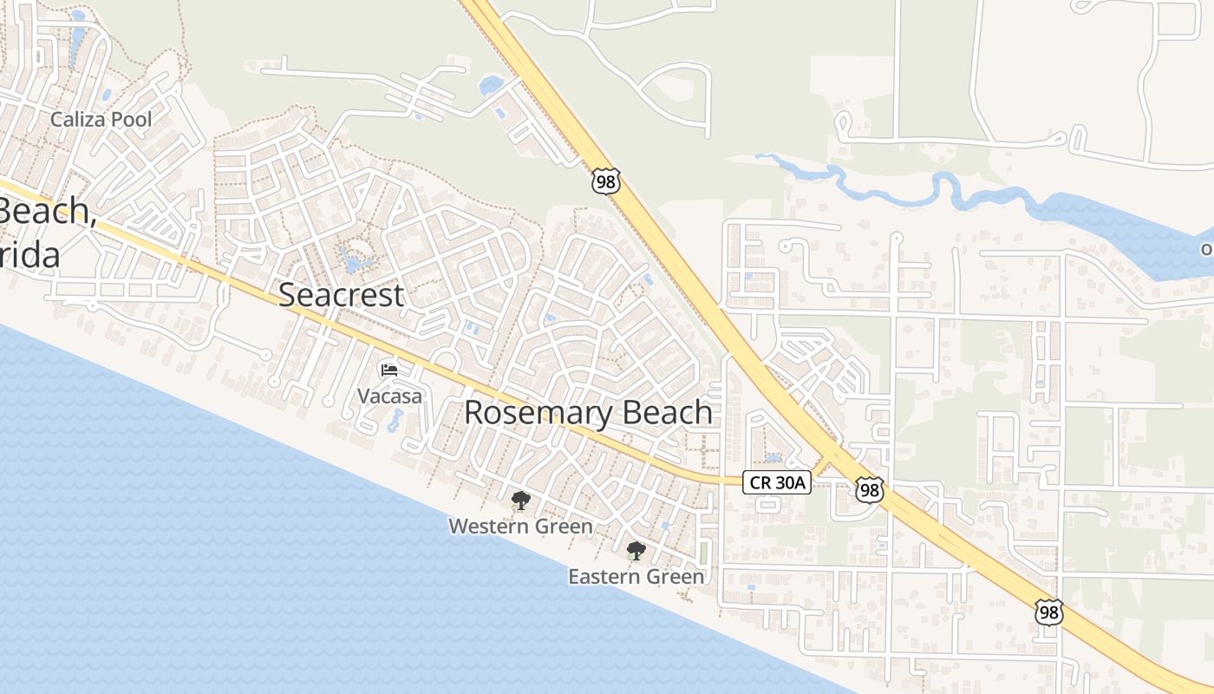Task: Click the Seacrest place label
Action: click(x=341, y=295)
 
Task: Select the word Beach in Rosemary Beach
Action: click(x=670, y=412)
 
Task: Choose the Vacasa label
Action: click(x=390, y=396)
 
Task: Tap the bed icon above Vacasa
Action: click(x=389, y=370)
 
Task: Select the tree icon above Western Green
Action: click(x=520, y=500)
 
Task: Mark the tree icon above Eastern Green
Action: click(x=636, y=550)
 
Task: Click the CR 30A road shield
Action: click(x=776, y=482)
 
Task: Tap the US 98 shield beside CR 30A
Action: click(x=869, y=490)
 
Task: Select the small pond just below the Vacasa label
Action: click(x=395, y=422)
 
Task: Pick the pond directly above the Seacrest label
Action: click(x=356, y=259)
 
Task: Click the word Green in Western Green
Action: click(x=565, y=526)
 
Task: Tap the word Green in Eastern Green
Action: click(x=677, y=576)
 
